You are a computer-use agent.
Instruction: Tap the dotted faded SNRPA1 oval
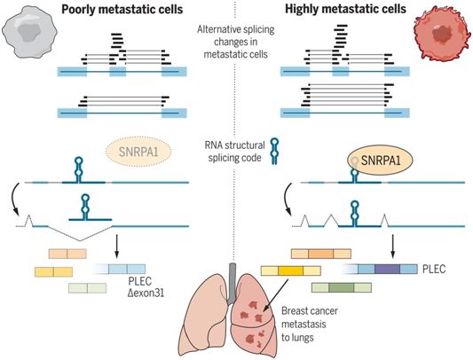click(138, 152)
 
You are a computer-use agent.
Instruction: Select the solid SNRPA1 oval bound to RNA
click(381, 160)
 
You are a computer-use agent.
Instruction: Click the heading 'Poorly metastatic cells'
click(122, 10)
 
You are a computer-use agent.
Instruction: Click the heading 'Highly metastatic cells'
click(345, 9)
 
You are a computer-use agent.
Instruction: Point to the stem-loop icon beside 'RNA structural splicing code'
click(274, 151)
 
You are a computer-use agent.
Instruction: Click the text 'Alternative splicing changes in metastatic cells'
click(235, 42)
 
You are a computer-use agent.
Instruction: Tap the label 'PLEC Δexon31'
click(146, 286)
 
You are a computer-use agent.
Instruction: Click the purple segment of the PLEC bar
click(387, 269)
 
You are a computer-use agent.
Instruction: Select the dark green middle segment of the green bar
click(341, 287)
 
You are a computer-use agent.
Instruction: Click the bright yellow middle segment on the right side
click(290, 271)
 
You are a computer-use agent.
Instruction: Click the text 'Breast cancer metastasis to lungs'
click(310, 325)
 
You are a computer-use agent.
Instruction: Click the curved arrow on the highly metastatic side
click(288, 199)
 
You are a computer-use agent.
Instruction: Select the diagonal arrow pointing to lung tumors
click(276, 295)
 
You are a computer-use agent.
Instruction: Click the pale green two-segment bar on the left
click(87, 288)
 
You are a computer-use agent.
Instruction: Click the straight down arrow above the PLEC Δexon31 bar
click(117, 247)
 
